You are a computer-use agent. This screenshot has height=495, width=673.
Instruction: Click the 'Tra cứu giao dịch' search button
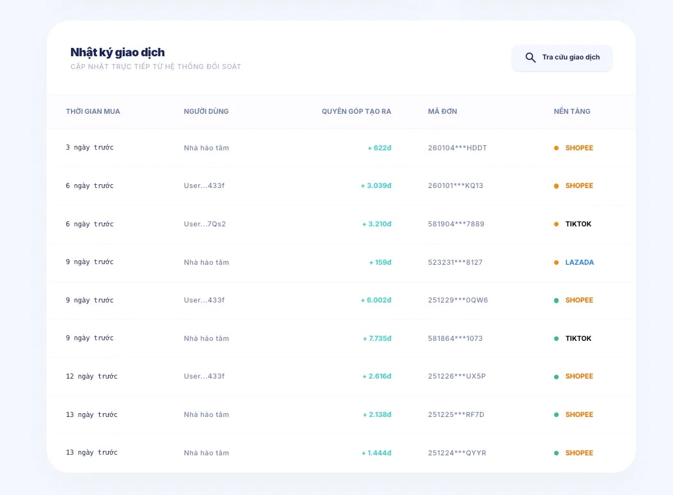coord(562,58)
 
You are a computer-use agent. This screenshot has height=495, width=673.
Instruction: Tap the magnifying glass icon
coord(530,58)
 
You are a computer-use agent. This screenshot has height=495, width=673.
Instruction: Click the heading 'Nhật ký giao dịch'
coord(118,52)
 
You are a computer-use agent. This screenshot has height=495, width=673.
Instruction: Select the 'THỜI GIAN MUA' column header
coord(93,111)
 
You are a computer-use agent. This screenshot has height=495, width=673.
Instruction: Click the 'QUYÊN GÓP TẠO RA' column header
coord(356,111)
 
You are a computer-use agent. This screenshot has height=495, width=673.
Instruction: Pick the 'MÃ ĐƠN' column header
coord(442,111)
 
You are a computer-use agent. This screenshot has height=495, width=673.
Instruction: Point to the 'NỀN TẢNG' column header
coord(572,111)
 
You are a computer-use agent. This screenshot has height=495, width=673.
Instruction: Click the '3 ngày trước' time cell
coord(89,148)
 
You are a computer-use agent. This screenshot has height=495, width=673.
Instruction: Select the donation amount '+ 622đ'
coord(379,148)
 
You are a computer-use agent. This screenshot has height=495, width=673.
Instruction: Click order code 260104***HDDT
coord(457,148)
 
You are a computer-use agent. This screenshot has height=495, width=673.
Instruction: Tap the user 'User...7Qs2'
coord(205,224)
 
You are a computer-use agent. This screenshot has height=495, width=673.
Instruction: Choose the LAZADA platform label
coord(579,262)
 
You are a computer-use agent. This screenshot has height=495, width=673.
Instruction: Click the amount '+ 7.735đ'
coord(376,338)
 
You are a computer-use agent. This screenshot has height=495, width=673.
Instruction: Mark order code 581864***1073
coord(455,338)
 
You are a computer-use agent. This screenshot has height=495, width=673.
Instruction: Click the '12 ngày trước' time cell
coord(91,377)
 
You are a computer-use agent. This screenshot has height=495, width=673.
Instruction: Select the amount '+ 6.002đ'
coord(376,300)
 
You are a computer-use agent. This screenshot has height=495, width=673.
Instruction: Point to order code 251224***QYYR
coord(457,453)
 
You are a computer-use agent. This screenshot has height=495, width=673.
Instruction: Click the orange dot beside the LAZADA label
coord(556,262)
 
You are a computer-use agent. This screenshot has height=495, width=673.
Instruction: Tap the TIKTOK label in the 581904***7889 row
coord(578,224)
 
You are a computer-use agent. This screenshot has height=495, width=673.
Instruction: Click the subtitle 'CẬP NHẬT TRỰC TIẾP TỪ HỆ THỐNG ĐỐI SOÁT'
coord(155,67)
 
